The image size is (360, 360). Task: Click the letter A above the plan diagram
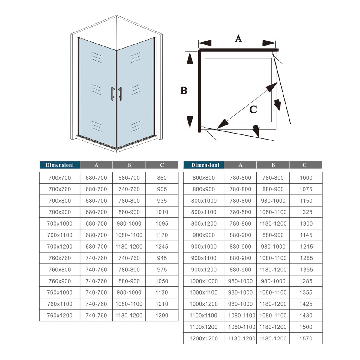[238, 38]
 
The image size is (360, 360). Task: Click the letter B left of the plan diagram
[184, 90]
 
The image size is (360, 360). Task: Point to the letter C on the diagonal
[253, 109]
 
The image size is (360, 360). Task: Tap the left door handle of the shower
[112, 93]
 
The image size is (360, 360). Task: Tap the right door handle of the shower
[120, 93]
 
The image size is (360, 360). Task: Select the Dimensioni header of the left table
[60, 165]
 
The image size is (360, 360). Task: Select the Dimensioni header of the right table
[205, 165]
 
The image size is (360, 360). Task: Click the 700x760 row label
[60, 189]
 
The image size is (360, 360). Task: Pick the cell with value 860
[162, 178]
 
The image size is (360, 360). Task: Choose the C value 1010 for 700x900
[162, 212]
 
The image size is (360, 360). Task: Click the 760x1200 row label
[60, 316]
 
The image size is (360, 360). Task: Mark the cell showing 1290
[162, 316]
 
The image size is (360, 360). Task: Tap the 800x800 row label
[204, 178]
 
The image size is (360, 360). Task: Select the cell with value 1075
[306, 189]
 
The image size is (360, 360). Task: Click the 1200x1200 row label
[204, 339]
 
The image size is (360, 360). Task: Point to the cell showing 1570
[306, 339]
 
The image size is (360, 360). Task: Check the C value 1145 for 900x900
[306, 235]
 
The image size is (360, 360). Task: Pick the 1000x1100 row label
[204, 292]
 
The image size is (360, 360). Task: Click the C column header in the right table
[304, 165]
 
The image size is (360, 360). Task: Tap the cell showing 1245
[162, 247]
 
